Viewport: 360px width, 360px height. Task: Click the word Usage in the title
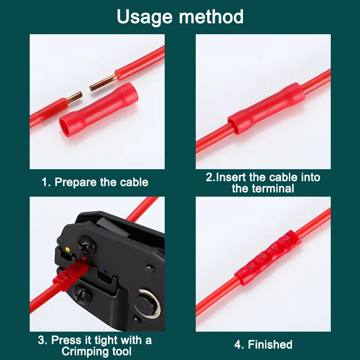click(144, 17)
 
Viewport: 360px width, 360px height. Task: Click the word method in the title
click(211, 16)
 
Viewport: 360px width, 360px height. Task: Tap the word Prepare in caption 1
click(76, 183)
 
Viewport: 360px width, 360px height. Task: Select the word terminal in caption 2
click(273, 189)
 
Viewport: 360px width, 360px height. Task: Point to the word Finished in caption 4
click(270, 345)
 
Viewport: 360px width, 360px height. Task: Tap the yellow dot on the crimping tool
click(67, 249)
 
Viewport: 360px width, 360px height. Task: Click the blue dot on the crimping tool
click(105, 270)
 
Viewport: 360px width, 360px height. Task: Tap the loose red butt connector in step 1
click(99, 109)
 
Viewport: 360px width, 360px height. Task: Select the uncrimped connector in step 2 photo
click(266, 108)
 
